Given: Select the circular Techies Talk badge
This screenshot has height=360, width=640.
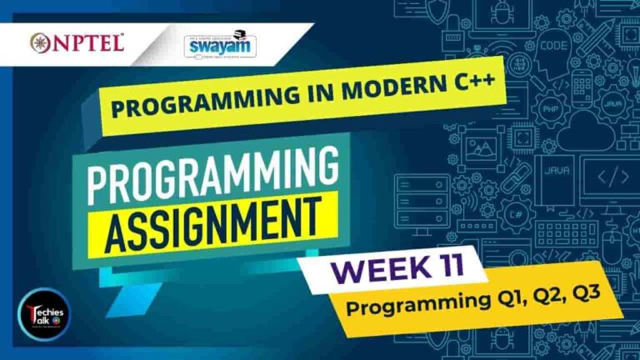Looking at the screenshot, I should (x=47, y=313).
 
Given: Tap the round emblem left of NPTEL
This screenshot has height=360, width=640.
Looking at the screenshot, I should (x=38, y=42).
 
